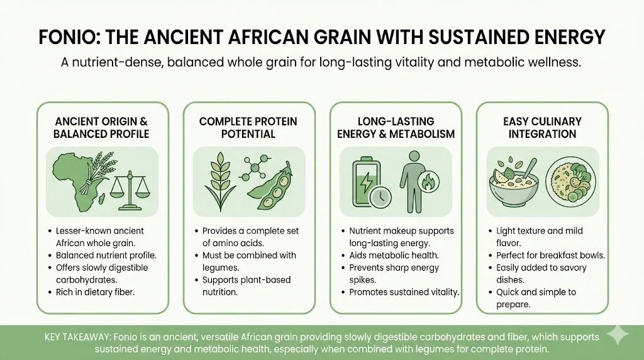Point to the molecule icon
pyautogui.click(x=255, y=167)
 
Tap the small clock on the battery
pyautogui.click(x=380, y=198)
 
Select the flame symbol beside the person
pyautogui.click(x=428, y=182)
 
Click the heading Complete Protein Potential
pyautogui.click(x=248, y=127)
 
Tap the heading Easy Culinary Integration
pyautogui.click(x=542, y=127)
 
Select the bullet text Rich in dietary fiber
pyautogui.click(x=96, y=292)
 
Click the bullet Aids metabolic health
pyautogui.click(x=394, y=255)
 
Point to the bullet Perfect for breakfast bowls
pyautogui.click(x=550, y=255)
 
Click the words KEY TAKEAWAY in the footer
pyautogui.click(x=77, y=337)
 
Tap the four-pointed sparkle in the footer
pyautogui.click(x=618, y=335)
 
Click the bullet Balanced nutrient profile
pyautogui.click(x=106, y=255)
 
